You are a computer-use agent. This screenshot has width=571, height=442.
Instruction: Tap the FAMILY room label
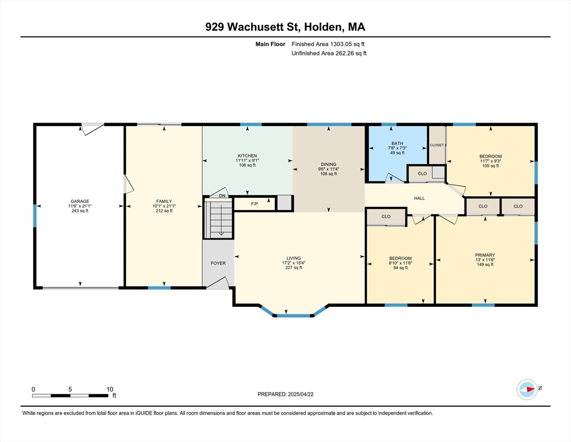(x=164, y=201)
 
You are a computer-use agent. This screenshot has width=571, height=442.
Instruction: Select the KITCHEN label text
(x=247, y=155)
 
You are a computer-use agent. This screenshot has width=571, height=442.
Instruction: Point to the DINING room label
(x=329, y=164)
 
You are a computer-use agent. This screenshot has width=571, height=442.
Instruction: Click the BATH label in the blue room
(x=397, y=143)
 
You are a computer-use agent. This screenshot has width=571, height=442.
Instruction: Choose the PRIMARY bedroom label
(x=485, y=255)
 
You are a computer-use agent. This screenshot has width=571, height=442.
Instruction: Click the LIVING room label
(x=294, y=258)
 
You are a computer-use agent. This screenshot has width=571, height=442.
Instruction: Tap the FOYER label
(x=218, y=263)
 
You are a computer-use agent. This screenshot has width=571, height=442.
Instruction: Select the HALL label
(x=419, y=198)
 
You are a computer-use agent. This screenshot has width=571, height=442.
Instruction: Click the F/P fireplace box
(x=254, y=204)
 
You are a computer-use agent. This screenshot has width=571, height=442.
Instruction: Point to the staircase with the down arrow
(x=219, y=219)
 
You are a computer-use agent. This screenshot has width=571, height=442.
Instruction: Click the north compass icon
(x=526, y=389)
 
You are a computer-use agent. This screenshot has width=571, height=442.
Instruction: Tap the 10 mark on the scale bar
(x=110, y=388)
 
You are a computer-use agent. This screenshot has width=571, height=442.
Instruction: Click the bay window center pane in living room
(x=294, y=315)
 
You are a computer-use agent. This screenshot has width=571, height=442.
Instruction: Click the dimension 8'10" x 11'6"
(x=400, y=263)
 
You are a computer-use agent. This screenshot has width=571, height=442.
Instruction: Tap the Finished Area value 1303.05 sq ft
(x=329, y=44)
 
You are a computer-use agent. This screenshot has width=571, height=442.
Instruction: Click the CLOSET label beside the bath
(x=437, y=145)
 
